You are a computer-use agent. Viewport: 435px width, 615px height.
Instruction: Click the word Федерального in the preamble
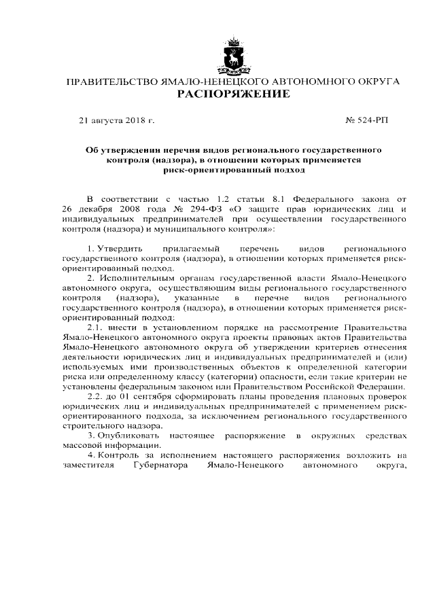point(321,197)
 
